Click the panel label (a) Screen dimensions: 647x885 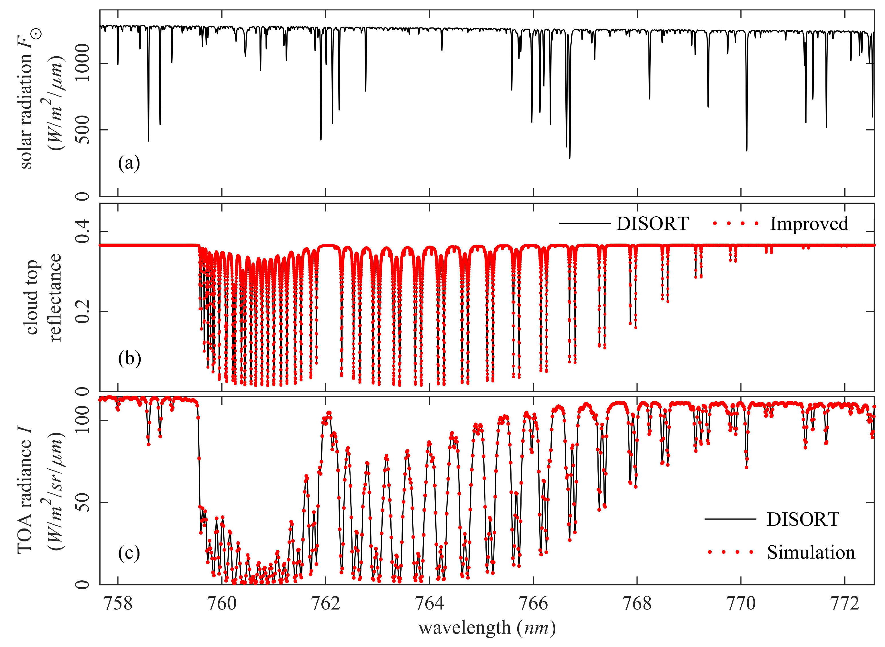(x=129, y=163)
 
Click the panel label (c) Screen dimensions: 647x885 (x=129, y=553)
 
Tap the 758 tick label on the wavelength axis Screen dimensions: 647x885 (x=118, y=604)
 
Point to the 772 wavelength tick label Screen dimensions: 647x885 (x=844, y=604)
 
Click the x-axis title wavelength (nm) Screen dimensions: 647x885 (x=487, y=628)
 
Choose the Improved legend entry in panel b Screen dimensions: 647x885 (x=809, y=223)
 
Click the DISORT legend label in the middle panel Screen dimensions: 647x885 (x=652, y=223)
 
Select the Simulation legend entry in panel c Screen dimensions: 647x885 (x=811, y=552)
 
